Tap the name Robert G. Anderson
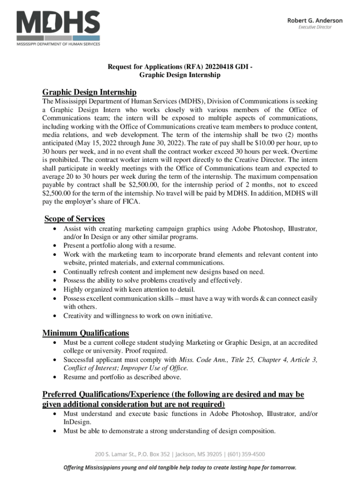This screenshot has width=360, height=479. [314, 21]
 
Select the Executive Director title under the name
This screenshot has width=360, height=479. [315, 27]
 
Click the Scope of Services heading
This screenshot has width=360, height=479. [74, 218]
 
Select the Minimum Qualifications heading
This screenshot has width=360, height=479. [86, 333]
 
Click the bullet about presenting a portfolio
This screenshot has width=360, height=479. [120, 246]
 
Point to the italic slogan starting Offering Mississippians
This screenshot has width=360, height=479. [180, 467]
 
